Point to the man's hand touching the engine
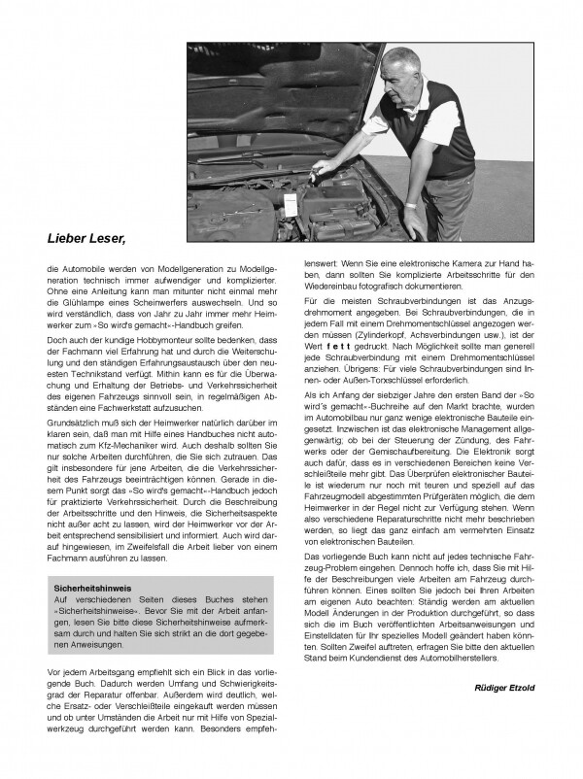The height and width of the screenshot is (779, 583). pos(326,172)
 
